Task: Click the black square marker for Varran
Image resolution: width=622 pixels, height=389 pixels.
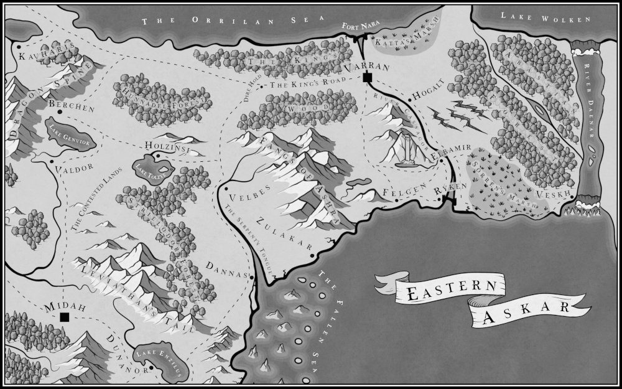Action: pyautogui.click(x=367, y=77)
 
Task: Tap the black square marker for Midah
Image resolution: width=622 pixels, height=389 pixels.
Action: pyautogui.click(x=64, y=317)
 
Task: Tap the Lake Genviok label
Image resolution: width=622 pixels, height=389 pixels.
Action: pyautogui.click(x=69, y=132)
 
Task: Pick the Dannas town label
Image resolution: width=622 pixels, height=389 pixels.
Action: pyautogui.click(x=228, y=268)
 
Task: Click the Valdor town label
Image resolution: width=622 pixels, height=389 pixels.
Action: pyautogui.click(x=74, y=167)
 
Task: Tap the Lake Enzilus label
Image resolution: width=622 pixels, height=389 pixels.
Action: pyautogui.click(x=160, y=362)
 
